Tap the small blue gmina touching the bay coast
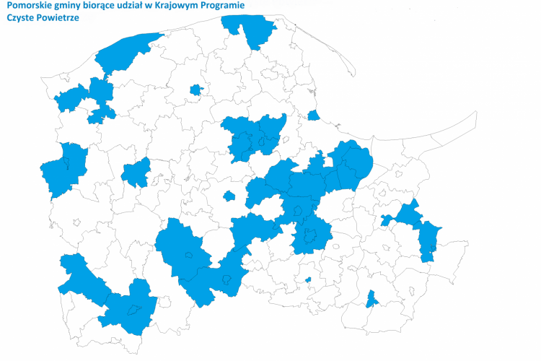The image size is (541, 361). tap(313, 116)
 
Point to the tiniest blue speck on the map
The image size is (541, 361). tap(308, 279)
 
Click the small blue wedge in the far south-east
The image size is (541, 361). tap(371, 298)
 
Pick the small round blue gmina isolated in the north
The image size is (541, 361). tap(195, 90)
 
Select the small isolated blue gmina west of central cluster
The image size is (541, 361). tap(229, 196)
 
